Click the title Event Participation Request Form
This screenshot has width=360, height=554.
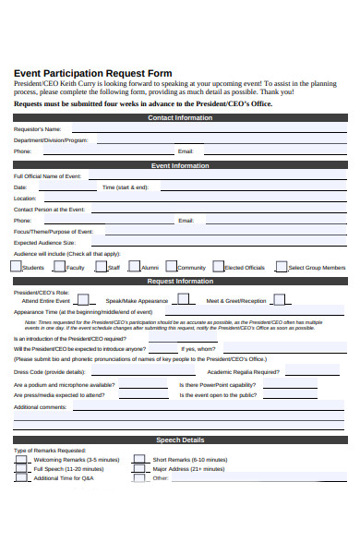point(92,73)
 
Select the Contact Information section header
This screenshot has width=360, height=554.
point(179,118)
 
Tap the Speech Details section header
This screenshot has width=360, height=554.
point(179,440)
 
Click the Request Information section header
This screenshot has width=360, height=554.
point(180,281)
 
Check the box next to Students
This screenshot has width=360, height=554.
point(16,266)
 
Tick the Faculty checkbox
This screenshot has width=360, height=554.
point(60,266)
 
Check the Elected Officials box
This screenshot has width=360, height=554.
point(218,266)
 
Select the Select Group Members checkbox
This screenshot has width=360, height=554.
point(281,266)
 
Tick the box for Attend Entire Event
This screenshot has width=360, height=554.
point(83,299)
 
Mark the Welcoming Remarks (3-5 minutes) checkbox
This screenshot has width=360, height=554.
point(20,458)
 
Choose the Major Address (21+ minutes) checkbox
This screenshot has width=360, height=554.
point(138,468)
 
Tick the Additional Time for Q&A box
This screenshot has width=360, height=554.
point(20,477)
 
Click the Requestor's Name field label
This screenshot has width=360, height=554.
point(37,129)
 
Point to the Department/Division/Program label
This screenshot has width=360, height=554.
point(51,140)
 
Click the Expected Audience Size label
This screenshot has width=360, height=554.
point(44,243)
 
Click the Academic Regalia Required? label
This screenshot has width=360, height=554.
point(218,371)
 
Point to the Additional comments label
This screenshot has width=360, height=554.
point(41,406)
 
